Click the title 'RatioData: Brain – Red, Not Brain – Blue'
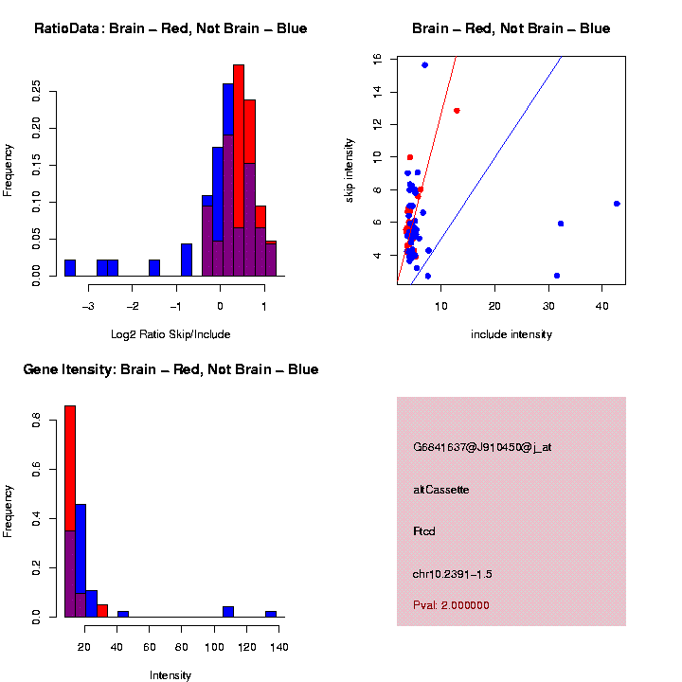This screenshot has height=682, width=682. click(x=170, y=28)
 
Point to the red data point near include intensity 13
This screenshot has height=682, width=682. click(x=457, y=111)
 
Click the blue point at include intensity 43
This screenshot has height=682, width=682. click(x=617, y=204)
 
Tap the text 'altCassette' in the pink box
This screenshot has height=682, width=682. click(x=440, y=490)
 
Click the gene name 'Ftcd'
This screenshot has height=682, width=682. click(x=423, y=531)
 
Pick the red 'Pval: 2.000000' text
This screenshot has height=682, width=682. click(x=451, y=605)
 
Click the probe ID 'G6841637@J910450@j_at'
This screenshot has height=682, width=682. click(x=482, y=447)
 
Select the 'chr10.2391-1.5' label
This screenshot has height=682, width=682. click(x=452, y=574)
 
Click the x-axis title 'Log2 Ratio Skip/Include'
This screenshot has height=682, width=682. click(x=170, y=334)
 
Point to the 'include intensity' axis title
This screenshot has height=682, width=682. click(x=511, y=334)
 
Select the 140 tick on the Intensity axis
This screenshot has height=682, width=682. click(x=279, y=647)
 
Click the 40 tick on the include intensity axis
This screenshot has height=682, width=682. click(x=602, y=306)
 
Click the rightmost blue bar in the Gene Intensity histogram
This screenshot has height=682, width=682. click(x=271, y=614)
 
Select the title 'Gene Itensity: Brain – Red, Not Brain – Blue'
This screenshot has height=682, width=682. click(x=170, y=369)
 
